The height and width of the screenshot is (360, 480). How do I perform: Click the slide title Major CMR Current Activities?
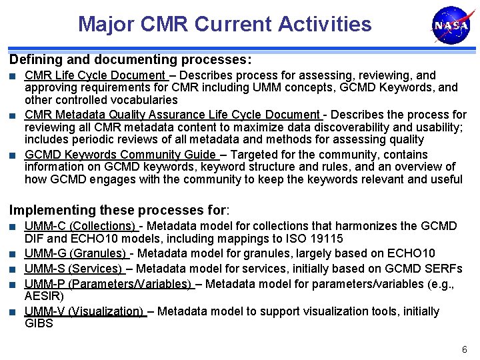(x=225, y=24)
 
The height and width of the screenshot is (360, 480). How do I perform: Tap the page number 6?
(x=465, y=350)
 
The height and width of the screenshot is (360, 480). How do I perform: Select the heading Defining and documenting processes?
(x=130, y=59)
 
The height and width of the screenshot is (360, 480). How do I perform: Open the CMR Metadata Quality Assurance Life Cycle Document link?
(x=173, y=115)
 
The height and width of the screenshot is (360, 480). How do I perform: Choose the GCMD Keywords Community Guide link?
(x=121, y=155)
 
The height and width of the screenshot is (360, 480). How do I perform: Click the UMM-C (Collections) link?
(x=81, y=226)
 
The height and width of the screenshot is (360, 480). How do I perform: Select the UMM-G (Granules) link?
(x=76, y=253)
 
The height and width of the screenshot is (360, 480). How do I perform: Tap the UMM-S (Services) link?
(x=74, y=269)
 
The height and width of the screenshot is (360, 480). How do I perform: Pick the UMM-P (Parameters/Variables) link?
(x=109, y=283)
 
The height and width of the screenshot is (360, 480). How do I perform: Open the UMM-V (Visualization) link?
(x=85, y=311)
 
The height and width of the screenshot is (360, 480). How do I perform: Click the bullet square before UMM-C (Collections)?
(x=13, y=227)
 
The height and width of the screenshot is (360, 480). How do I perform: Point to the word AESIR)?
(x=44, y=296)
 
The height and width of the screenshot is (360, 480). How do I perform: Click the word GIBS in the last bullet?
(x=39, y=323)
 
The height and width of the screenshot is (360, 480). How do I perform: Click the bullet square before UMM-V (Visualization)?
(x=13, y=312)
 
